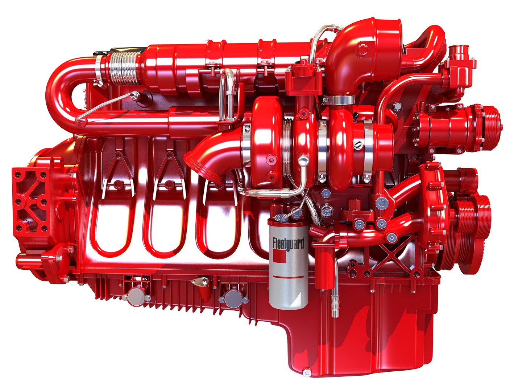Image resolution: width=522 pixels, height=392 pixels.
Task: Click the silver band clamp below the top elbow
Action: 339,99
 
